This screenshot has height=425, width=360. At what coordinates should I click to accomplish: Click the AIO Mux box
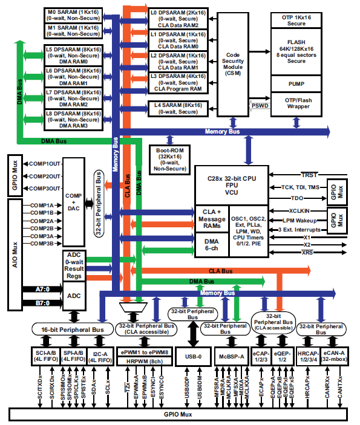click(15, 239)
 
